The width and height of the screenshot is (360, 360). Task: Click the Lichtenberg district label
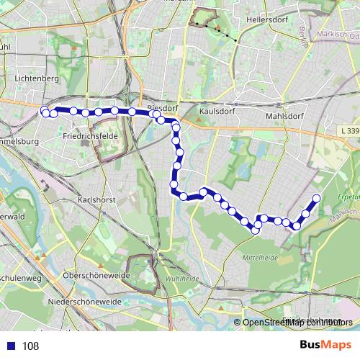point(36,77)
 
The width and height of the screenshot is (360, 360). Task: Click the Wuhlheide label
point(182,278)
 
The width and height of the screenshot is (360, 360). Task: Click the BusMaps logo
point(325,346)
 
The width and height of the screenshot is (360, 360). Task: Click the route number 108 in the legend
point(30,346)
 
